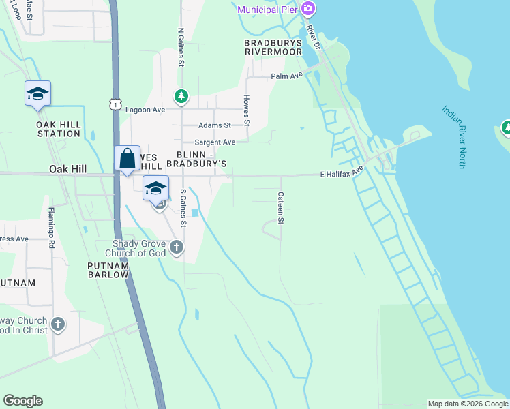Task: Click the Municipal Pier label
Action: pos(267,10)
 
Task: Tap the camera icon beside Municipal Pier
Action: pos(309,9)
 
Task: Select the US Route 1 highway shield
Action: pos(115,104)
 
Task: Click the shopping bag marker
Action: pos(127,159)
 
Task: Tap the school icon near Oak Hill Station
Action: pos(37,94)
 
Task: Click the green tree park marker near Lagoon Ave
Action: pos(181,96)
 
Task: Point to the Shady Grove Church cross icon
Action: pos(177,247)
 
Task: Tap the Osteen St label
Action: pos(280,205)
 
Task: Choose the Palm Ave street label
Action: pos(286,76)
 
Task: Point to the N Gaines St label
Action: pos(181,47)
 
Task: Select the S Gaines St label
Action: pos(183,209)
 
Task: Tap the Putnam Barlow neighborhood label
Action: pos(108,269)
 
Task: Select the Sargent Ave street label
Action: pos(215,142)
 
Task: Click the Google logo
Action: pos(22,401)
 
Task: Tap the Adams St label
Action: pos(215,125)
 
